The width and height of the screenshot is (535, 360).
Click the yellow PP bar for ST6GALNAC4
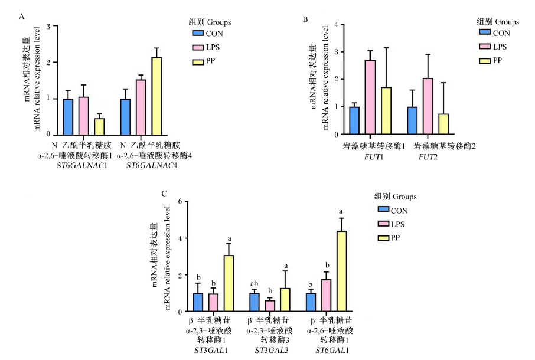[x=156, y=96]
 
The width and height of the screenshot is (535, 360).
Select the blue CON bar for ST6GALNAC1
[x=68, y=117]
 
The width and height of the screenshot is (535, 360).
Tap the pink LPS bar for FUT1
[x=370, y=97]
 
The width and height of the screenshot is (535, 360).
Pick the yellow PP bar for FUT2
[x=443, y=124]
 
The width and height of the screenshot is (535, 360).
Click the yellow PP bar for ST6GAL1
[x=341, y=271]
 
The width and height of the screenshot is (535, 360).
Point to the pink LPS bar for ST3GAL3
[x=270, y=306]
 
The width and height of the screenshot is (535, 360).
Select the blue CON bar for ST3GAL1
[x=198, y=302]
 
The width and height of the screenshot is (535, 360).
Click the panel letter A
[x=22, y=17]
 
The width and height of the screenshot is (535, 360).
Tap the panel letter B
[x=305, y=19]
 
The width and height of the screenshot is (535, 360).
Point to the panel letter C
[x=164, y=194]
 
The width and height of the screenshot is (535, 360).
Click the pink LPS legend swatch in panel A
[x=198, y=47]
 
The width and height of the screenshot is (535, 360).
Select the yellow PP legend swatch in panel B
[x=485, y=61]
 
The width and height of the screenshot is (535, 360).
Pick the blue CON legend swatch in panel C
[x=383, y=209]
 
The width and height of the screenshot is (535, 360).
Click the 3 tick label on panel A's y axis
[x=48, y=26]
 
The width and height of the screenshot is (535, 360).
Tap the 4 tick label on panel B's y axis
[x=337, y=25]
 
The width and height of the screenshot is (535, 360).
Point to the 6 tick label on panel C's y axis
[x=180, y=201]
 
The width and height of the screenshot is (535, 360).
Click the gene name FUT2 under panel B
[x=428, y=157]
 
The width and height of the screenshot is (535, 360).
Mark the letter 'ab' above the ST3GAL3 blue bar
[x=254, y=284]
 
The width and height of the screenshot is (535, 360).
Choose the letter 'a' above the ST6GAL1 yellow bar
[x=341, y=212]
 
